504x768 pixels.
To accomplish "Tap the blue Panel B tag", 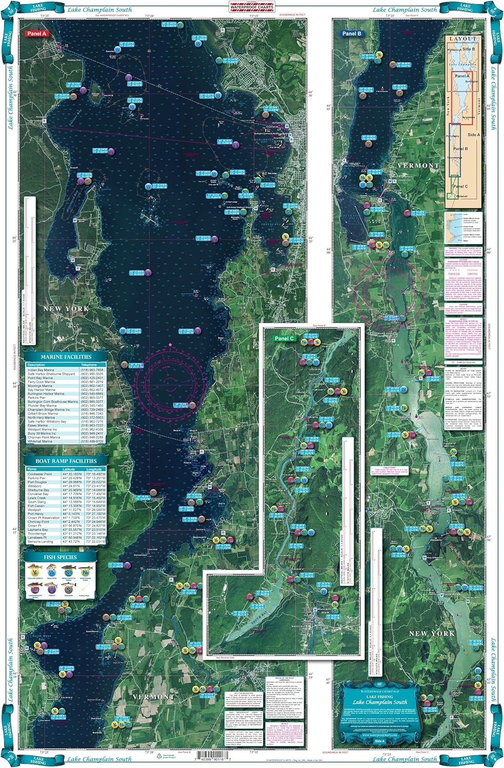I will [352, 34].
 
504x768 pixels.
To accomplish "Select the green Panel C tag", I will [284, 338].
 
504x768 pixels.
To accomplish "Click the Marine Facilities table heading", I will [66, 357].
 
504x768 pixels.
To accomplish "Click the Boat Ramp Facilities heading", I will [66, 461].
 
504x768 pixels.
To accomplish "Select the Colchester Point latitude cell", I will [71, 474].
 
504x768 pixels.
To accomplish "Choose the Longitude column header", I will [94, 469].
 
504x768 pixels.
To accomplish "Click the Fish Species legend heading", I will [60, 557].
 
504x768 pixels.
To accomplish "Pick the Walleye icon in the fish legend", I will [51, 570].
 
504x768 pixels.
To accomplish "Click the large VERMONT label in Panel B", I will [418, 166].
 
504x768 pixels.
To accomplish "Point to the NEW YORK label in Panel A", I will [66, 309].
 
